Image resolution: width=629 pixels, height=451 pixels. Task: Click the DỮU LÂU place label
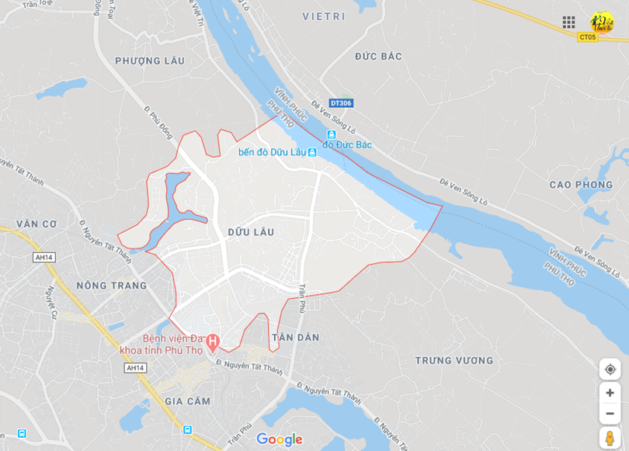(x=251, y=232)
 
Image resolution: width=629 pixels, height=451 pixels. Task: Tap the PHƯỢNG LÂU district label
(x=150, y=61)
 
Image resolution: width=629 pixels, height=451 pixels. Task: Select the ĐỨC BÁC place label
(x=378, y=56)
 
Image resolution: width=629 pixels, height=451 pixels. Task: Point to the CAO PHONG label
(x=581, y=185)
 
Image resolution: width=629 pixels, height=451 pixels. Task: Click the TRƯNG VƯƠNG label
(x=454, y=360)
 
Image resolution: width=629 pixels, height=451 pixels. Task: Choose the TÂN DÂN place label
(x=296, y=338)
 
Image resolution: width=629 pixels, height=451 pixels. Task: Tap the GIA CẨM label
(x=188, y=401)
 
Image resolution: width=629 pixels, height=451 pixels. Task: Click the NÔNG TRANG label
(x=112, y=286)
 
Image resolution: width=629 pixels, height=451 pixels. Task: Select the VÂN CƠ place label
(x=37, y=224)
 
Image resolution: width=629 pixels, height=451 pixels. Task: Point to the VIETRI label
(x=324, y=16)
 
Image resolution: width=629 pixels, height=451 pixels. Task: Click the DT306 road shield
(x=340, y=103)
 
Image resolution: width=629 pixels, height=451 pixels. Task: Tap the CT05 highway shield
(x=587, y=36)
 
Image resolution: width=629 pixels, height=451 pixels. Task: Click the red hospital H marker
(x=212, y=341)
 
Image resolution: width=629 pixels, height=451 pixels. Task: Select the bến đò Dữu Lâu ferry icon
(x=312, y=152)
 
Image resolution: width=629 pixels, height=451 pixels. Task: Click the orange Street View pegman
(x=610, y=439)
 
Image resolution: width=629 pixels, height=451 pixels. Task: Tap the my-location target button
(x=610, y=369)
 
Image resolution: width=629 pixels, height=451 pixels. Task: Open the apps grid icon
(x=569, y=22)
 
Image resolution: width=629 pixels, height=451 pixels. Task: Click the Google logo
(x=279, y=439)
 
